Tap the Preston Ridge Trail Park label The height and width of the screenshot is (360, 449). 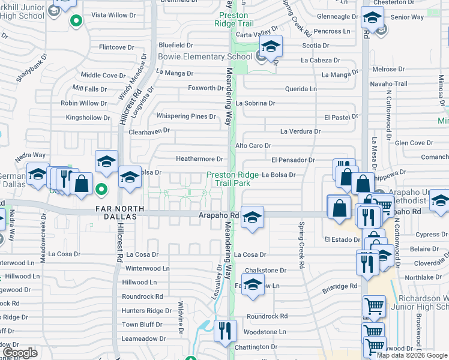point(232,179)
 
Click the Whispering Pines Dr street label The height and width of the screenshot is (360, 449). point(185,116)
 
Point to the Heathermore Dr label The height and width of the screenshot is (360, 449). point(199,159)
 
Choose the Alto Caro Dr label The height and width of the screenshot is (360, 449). point(253,145)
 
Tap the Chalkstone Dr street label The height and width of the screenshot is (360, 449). point(261,271)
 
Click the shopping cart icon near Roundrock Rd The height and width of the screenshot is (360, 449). point(374,307)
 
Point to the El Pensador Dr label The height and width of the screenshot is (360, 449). point(293,160)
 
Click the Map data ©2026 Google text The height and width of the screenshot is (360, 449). point(411,355)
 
